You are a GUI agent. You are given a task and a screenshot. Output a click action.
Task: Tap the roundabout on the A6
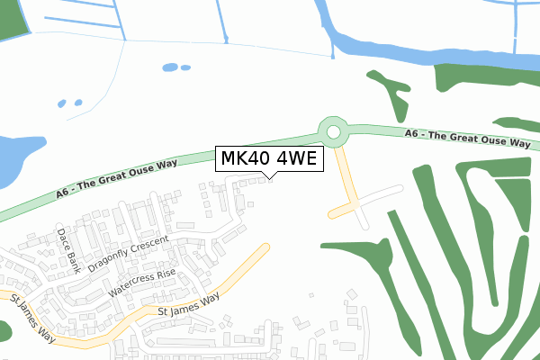click(x=334, y=133)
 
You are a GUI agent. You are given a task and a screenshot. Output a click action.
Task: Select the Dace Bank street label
click(x=68, y=249)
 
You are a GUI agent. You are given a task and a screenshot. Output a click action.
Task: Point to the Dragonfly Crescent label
click(x=129, y=255)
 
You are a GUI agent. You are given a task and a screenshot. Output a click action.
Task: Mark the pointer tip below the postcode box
click(x=271, y=176)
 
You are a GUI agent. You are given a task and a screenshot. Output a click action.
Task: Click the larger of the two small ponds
click(x=170, y=67)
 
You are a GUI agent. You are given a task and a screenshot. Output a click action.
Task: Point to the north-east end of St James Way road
click(x=265, y=247)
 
